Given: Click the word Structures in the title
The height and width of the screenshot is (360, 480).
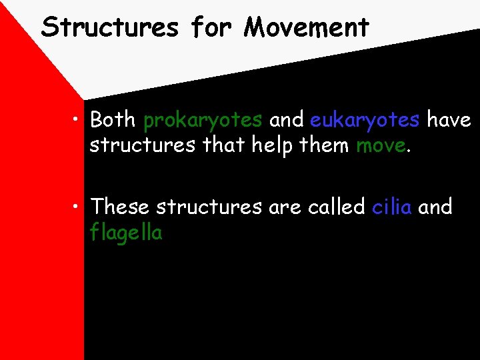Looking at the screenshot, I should click(110, 27).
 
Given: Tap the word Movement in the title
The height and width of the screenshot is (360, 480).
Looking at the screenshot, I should click(306, 27).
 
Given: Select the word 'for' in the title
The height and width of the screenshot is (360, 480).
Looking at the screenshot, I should click(211, 27).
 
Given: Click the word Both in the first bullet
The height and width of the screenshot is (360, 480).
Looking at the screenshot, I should click(113, 120).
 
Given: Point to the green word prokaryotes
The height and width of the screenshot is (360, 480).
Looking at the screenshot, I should click(203, 121).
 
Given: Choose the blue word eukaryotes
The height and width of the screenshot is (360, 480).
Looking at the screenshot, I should click(365, 121).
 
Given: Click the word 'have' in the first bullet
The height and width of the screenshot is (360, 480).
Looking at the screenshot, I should click(449, 120).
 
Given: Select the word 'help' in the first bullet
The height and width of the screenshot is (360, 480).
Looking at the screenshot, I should click(274, 145).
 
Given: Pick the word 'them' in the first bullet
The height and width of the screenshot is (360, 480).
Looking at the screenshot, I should click(326, 145).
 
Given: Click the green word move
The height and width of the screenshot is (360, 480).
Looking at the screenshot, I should click(380, 145).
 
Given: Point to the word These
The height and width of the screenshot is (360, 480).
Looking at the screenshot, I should click(120, 207).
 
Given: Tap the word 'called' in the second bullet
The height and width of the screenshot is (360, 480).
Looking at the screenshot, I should click(336, 207).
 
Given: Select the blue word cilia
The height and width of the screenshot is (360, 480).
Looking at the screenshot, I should click(392, 207).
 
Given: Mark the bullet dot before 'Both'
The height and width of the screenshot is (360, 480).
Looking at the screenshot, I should click(79, 120).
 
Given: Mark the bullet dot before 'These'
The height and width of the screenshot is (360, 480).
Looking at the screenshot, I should click(79, 207).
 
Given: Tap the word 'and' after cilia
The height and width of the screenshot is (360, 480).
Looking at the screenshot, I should click(435, 207).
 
